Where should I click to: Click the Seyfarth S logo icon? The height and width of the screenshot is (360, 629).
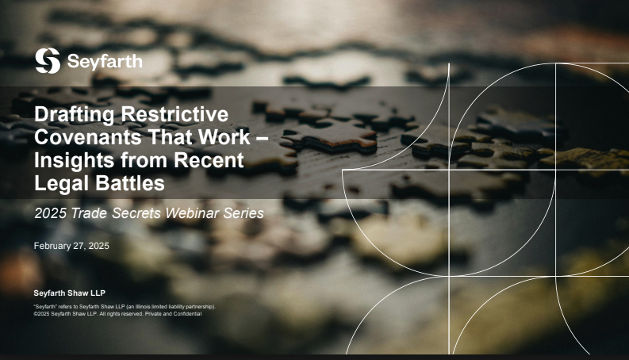pos(48,61)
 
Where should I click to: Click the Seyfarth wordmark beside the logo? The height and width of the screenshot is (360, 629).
pos(105,62)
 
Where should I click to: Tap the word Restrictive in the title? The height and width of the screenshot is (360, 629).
pos(175,114)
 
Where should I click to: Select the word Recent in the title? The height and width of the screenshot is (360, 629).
pos(209,160)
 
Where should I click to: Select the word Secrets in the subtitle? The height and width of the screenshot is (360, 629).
pos(136,213)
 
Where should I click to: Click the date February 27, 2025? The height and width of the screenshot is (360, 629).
pos(71,246)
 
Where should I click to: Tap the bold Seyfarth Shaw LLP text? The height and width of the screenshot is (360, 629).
pos(69,293)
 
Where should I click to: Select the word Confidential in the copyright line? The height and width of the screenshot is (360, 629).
pos(187,314)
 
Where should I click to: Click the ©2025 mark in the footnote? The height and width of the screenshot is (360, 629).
pos(42,314)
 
